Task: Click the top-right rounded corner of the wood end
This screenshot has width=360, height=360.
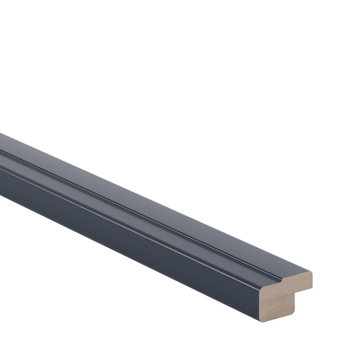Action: click(311, 273)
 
